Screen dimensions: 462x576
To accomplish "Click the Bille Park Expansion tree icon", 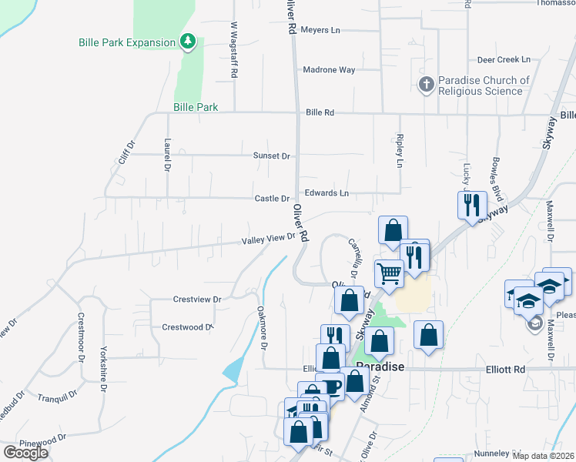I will tap(187, 41).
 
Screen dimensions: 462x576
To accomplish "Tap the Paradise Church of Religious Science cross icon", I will tap(427, 84).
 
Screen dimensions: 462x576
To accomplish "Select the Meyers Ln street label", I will tap(320, 30).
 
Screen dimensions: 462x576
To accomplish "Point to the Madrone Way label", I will tap(329, 70).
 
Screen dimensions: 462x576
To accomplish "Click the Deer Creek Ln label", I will tap(504, 59).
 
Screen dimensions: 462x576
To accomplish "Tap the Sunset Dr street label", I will tap(272, 156).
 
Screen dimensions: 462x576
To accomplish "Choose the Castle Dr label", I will tap(272, 199).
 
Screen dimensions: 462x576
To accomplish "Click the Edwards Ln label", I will tap(327, 192).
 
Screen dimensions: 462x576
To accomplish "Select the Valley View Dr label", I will tap(269, 239).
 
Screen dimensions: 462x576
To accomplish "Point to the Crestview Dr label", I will tap(197, 299).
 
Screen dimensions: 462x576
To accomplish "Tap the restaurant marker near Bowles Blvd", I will tap(472, 205).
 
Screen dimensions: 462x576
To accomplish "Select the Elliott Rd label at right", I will tap(506, 370).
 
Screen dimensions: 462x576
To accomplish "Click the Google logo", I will tap(25, 453).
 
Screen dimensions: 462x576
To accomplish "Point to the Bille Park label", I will tap(196, 108).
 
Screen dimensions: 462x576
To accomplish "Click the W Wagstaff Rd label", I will tap(233, 49).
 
